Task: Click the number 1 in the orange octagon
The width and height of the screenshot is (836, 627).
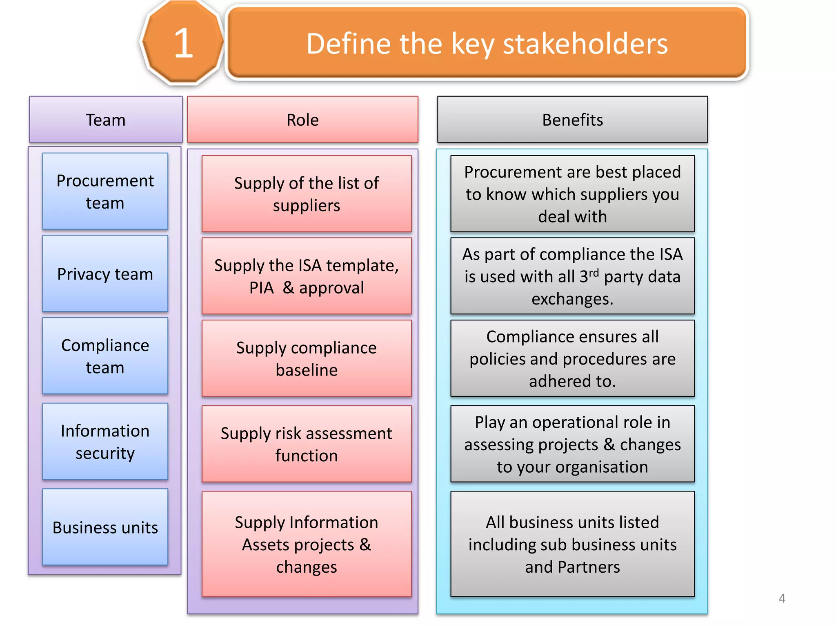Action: pyautogui.click(x=183, y=43)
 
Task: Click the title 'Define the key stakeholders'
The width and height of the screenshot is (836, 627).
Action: pyautogui.click(x=487, y=44)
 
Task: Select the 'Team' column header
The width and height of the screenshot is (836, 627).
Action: pyautogui.click(x=106, y=120)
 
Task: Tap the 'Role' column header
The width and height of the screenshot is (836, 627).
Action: pyautogui.click(x=302, y=120)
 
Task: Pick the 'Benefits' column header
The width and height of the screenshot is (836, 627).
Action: pyautogui.click(x=572, y=120)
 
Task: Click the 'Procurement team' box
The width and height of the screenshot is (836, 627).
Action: pyautogui.click(x=105, y=191)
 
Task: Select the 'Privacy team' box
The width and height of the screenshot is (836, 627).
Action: pyautogui.click(x=105, y=274)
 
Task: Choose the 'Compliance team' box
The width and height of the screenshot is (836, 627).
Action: pyautogui.click(x=105, y=356)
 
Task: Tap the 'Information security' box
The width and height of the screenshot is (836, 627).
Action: pyautogui.click(x=105, y=442)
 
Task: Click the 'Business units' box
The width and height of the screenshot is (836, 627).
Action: pyautogui.click(x=105, y=527)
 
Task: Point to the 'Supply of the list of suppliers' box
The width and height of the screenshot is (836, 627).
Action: pyautogui.click(x=307, y=194)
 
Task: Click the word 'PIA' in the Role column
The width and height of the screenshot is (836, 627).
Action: pyautogui.click(x=262, y=288)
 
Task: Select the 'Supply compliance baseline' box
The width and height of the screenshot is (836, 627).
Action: pyautogui.click(x=307, y=358)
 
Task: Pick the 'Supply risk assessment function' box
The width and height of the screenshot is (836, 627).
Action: pyautogui.click(x=307, y=444)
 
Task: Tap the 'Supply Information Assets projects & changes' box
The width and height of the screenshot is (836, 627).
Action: pyautogui.click(x=307, y=544)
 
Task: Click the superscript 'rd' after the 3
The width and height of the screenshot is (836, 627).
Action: pyautogui.click(x=594, y=272)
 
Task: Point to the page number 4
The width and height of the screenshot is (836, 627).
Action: pyautogui.click(x=782, y=598)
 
